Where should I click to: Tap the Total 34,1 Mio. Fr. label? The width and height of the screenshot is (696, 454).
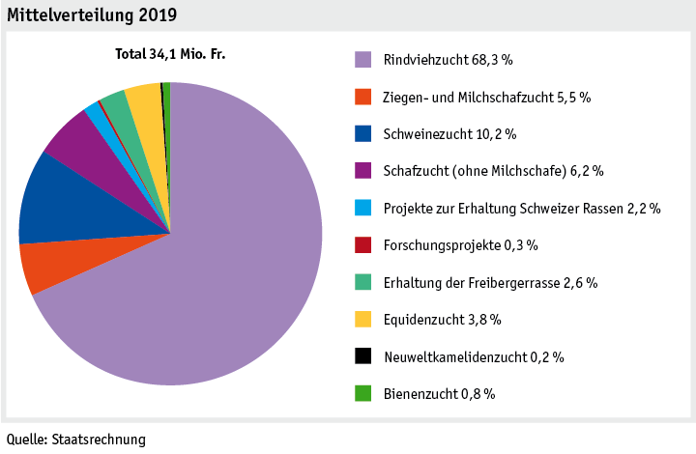(x=170, y=54)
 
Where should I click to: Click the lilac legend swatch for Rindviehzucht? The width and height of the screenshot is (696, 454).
(x=362, y=60)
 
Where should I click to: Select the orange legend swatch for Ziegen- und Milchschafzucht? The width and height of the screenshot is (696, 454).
(x=362, y=97)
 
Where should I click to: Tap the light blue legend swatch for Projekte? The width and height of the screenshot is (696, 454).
(x=362, y=208)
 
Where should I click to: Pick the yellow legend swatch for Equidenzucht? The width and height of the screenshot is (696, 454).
(x=362, y=319)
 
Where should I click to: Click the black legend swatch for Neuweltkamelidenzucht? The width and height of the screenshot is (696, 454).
(x=362, y=356)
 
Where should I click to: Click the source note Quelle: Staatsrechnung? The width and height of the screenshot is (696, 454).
(x=76, y=440)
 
